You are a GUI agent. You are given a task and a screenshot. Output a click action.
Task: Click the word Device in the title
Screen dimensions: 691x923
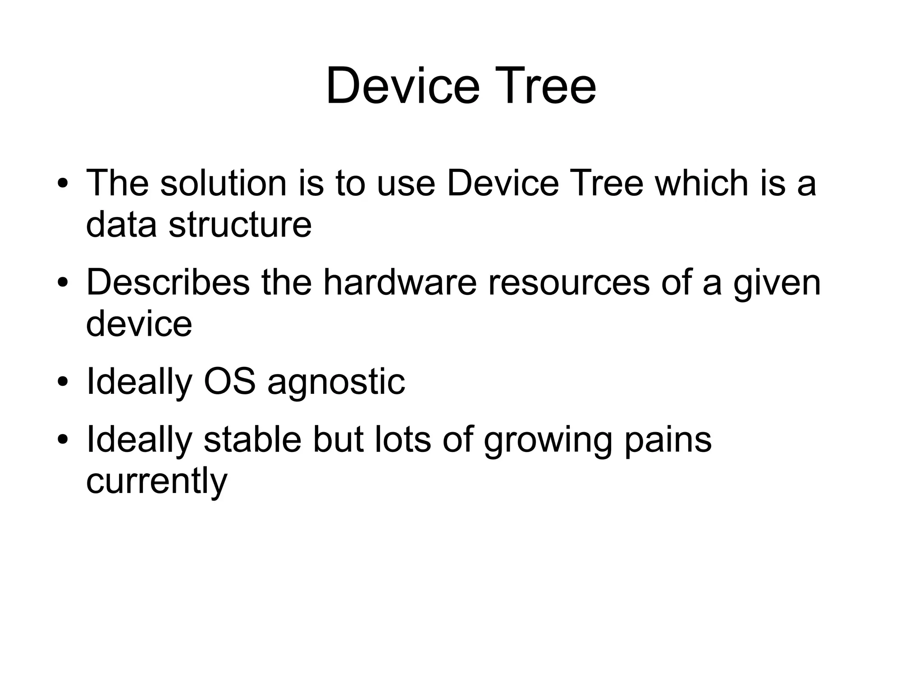tap(402, 86)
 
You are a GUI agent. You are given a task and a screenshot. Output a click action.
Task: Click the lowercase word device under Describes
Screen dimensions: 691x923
tap(139, 323)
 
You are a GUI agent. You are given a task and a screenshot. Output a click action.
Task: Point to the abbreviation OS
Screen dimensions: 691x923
tap(229, 382)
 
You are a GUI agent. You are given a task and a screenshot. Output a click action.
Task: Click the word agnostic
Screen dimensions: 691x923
tap(336, 382)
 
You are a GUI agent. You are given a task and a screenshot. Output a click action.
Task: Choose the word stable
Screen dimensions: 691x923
tap(252, 440)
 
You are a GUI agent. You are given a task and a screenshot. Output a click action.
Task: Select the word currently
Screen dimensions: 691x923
tap(156, 481)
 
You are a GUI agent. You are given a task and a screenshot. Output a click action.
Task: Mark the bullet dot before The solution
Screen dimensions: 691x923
tap(63, 184)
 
